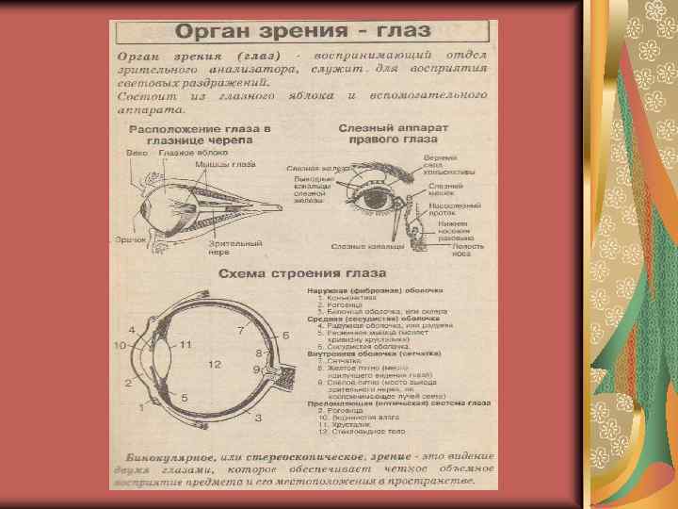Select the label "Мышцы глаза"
coord(225,163)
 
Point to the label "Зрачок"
coord(131,241)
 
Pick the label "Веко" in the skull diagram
coord(137,152)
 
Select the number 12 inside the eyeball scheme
coord(215,364)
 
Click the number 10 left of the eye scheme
coord(121,347)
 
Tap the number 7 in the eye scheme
coord(241,331)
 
